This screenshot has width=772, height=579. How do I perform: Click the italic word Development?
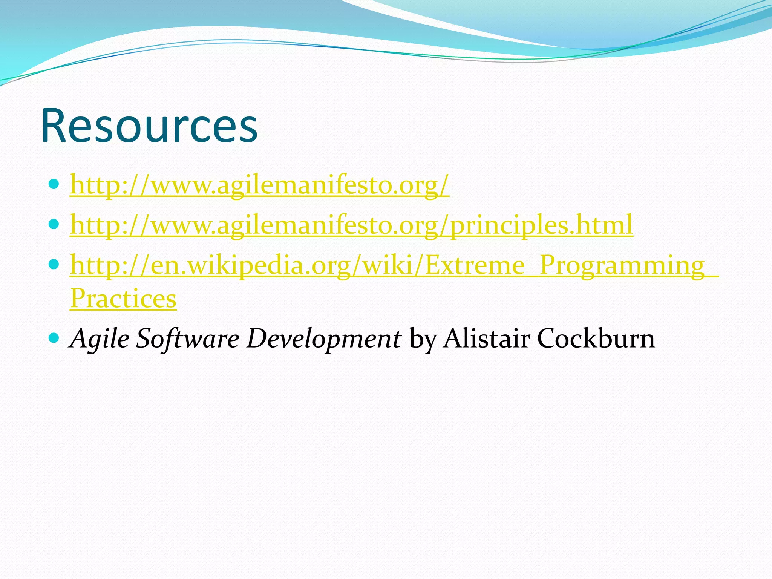pyautogui.click(x=324, y=338)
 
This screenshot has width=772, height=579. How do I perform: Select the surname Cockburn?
pyautogui.click(x=596, y=338)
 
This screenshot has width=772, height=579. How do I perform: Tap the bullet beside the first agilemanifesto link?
pyautogui.click(x=54, y=184)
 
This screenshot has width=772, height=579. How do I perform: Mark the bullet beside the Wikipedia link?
pyautogui.click(x=54, y=264)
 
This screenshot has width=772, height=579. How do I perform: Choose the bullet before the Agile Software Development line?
pyautogui.click(x=54, y=337)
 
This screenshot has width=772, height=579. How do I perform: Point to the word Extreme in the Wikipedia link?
pyautogui.click(x=475, y=265)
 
